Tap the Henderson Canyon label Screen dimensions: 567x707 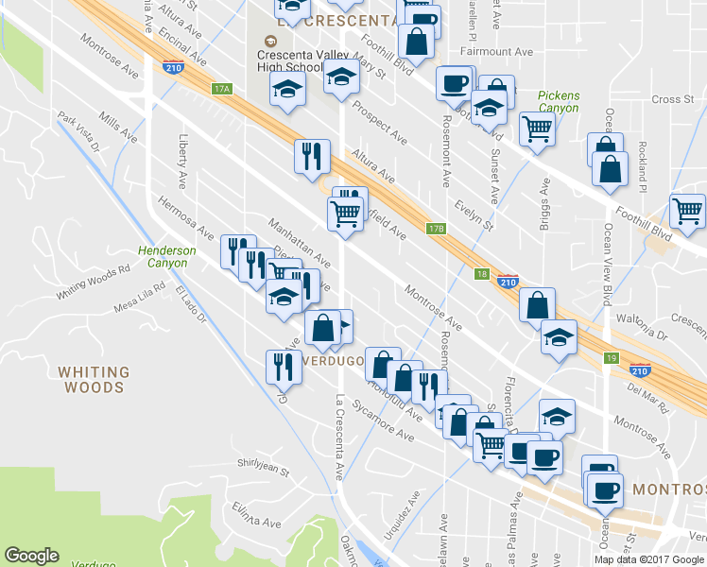point(166,256)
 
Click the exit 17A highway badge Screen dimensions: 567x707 point(222,89)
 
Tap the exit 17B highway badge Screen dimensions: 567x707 point(435,228)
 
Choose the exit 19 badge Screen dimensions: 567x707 point(612,358)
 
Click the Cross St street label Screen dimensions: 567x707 point(672,99)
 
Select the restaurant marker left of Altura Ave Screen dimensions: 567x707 point(312,156)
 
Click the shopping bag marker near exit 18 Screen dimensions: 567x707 point(537,305)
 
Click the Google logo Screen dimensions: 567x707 point(31,556)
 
